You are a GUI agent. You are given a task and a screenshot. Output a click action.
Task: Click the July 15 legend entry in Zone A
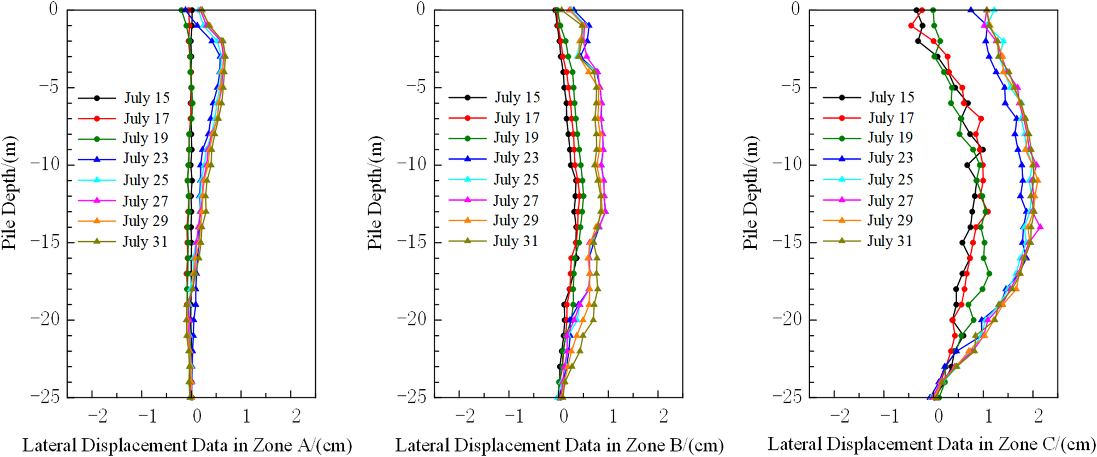[x=146, y=98]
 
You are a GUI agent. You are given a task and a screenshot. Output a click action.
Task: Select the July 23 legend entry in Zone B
[x=516, y=158]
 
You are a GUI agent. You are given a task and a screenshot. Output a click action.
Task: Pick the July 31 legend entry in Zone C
[x=889, y=241]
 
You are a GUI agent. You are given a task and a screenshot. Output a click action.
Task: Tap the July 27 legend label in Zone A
[x=145, y=201]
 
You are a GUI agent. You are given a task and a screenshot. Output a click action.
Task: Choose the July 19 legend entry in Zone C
[x=890, y=138]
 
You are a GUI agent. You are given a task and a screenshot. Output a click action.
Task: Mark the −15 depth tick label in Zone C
[x=788, y=242]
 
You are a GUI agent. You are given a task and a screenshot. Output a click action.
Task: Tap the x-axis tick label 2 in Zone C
[x=1038, y=417]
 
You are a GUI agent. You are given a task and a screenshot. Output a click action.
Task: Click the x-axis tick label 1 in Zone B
[x=613, y=417]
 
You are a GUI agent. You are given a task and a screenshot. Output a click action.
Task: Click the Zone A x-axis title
[x=187, y=446]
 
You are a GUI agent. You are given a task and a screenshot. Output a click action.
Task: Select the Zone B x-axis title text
[x=559, y=446]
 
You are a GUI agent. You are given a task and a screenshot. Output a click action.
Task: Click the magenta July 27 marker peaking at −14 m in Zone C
[x=1039, y=227]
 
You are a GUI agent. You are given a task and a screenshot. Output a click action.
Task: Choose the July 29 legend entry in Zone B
[x=516, y=221]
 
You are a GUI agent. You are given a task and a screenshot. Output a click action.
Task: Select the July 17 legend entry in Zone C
[x=890, y=118]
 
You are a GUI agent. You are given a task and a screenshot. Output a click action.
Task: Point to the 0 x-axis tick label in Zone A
[x=197, y=417]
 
